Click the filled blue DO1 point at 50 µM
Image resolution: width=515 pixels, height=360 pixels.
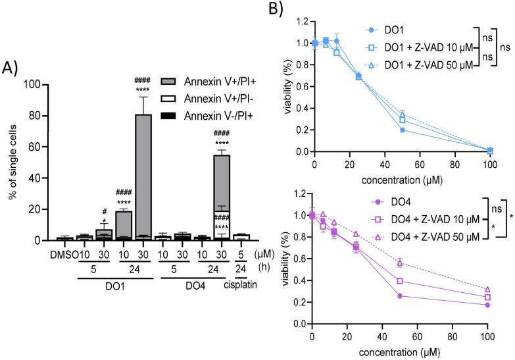402,130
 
